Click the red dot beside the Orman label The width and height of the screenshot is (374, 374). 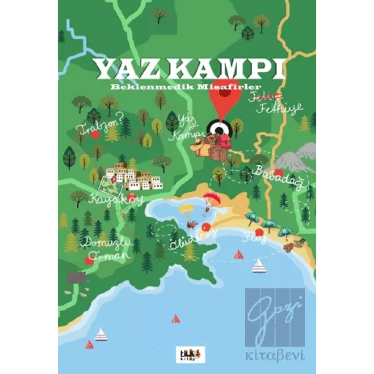point(89,260)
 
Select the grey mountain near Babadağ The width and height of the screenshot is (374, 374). point(295,159)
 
